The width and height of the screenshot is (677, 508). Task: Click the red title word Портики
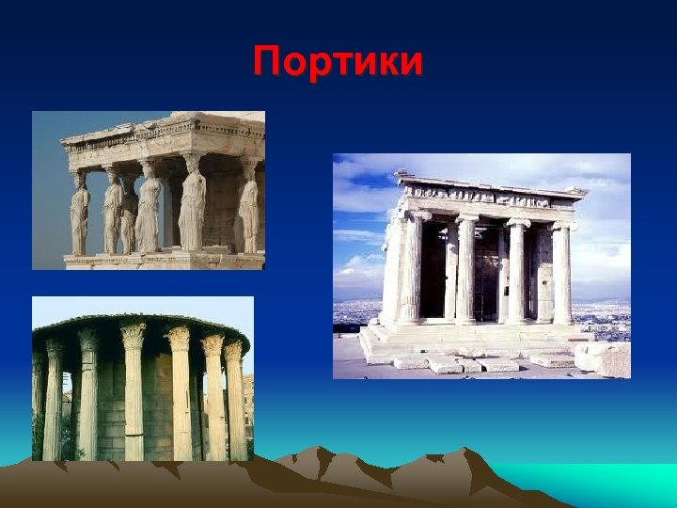338,63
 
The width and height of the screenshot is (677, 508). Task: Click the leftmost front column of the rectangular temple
412,270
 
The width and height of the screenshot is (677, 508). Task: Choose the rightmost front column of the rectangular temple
561,273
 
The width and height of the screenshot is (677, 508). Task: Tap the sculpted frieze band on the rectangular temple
489,196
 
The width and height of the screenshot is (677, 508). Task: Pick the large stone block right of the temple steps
603,358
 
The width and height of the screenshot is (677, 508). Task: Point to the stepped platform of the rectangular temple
470,340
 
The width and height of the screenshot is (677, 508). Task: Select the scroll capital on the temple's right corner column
562,225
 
